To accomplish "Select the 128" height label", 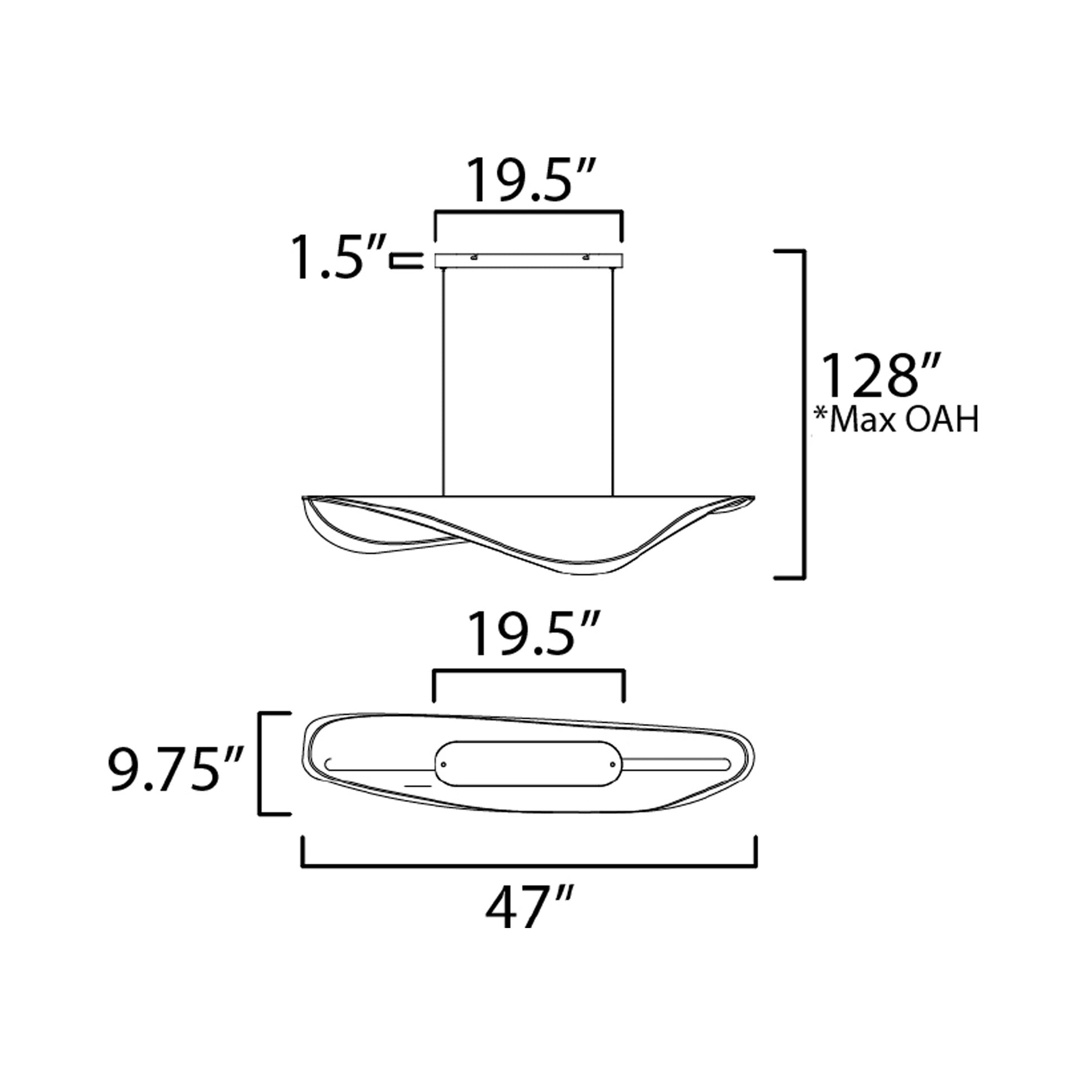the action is click(x=881, y=376).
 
